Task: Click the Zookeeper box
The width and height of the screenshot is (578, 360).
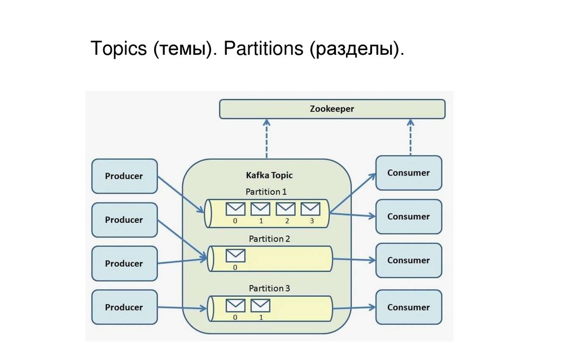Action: coord(332,109)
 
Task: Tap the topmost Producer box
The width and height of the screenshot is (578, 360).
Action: coord(124,176)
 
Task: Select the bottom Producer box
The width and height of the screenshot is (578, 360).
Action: coord(124,308)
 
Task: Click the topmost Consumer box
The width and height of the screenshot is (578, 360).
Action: coord(409,173)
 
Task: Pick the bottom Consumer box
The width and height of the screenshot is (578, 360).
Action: coord(409,308)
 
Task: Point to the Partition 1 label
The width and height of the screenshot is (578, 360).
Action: coord(266,192)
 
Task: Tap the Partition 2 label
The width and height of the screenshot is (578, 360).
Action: coord(269,239)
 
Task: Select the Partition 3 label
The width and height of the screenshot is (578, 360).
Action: coord(269,288)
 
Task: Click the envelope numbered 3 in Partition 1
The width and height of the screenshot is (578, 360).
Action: coord(310,209)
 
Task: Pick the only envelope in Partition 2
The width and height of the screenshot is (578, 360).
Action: coord(235,256)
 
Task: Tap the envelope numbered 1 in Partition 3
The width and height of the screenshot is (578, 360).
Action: coord(260,305)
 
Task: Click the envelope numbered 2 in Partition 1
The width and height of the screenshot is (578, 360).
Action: coord(286,209)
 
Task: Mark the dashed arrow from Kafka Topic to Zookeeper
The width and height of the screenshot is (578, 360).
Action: coord(267,138)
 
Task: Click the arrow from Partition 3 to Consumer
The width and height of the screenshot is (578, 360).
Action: coord(354,308)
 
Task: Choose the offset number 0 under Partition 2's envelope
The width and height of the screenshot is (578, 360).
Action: coord(235,267)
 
